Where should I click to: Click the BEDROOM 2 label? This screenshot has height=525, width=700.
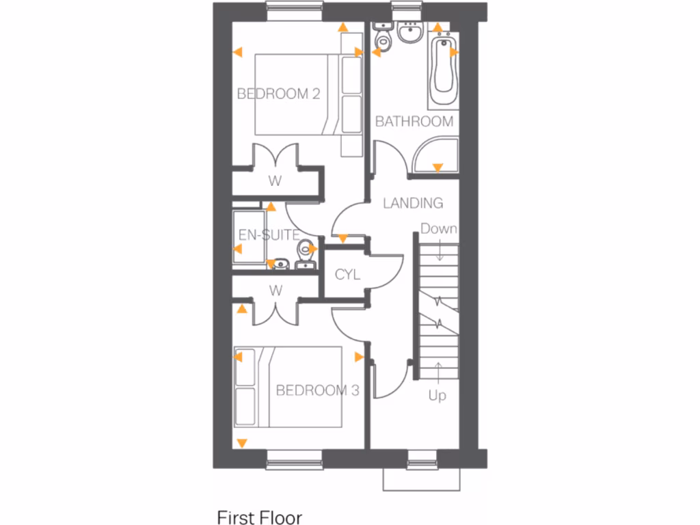click(x=278, y=94)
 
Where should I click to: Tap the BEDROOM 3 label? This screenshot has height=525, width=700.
click(x=317, y=390)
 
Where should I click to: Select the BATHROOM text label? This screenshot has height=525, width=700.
click(x=414, y=122)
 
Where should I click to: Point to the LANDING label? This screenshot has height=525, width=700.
click(x=412, y=203)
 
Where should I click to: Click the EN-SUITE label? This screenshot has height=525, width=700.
click(x=268, y=235)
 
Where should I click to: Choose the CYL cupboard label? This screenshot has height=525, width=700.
click(x=347, y=275)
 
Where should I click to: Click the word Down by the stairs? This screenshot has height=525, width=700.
click(x=438, y=228)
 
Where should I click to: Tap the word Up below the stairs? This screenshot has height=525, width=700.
click(x=437, y=395)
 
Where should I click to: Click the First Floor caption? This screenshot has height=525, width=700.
click(x=259, y=517)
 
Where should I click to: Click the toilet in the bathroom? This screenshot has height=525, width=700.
click(x=383, y=40)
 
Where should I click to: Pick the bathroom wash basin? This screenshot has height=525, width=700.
click(x=411, y=33)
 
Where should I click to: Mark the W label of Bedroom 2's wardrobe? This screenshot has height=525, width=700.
click(x=275, y=181)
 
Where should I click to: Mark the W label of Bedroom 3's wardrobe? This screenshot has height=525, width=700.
click(x=275, y=290)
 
